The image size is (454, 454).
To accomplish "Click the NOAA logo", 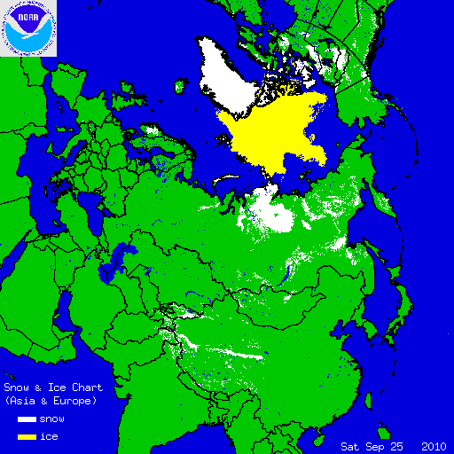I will [29, 28].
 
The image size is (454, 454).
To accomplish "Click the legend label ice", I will [49, 437].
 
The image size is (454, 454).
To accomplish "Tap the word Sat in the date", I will [352, 445].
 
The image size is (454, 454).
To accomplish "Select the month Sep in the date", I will [376, 445].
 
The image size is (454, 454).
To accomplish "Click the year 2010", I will [434, 445].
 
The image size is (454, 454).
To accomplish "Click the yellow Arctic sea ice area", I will [275, 133].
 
